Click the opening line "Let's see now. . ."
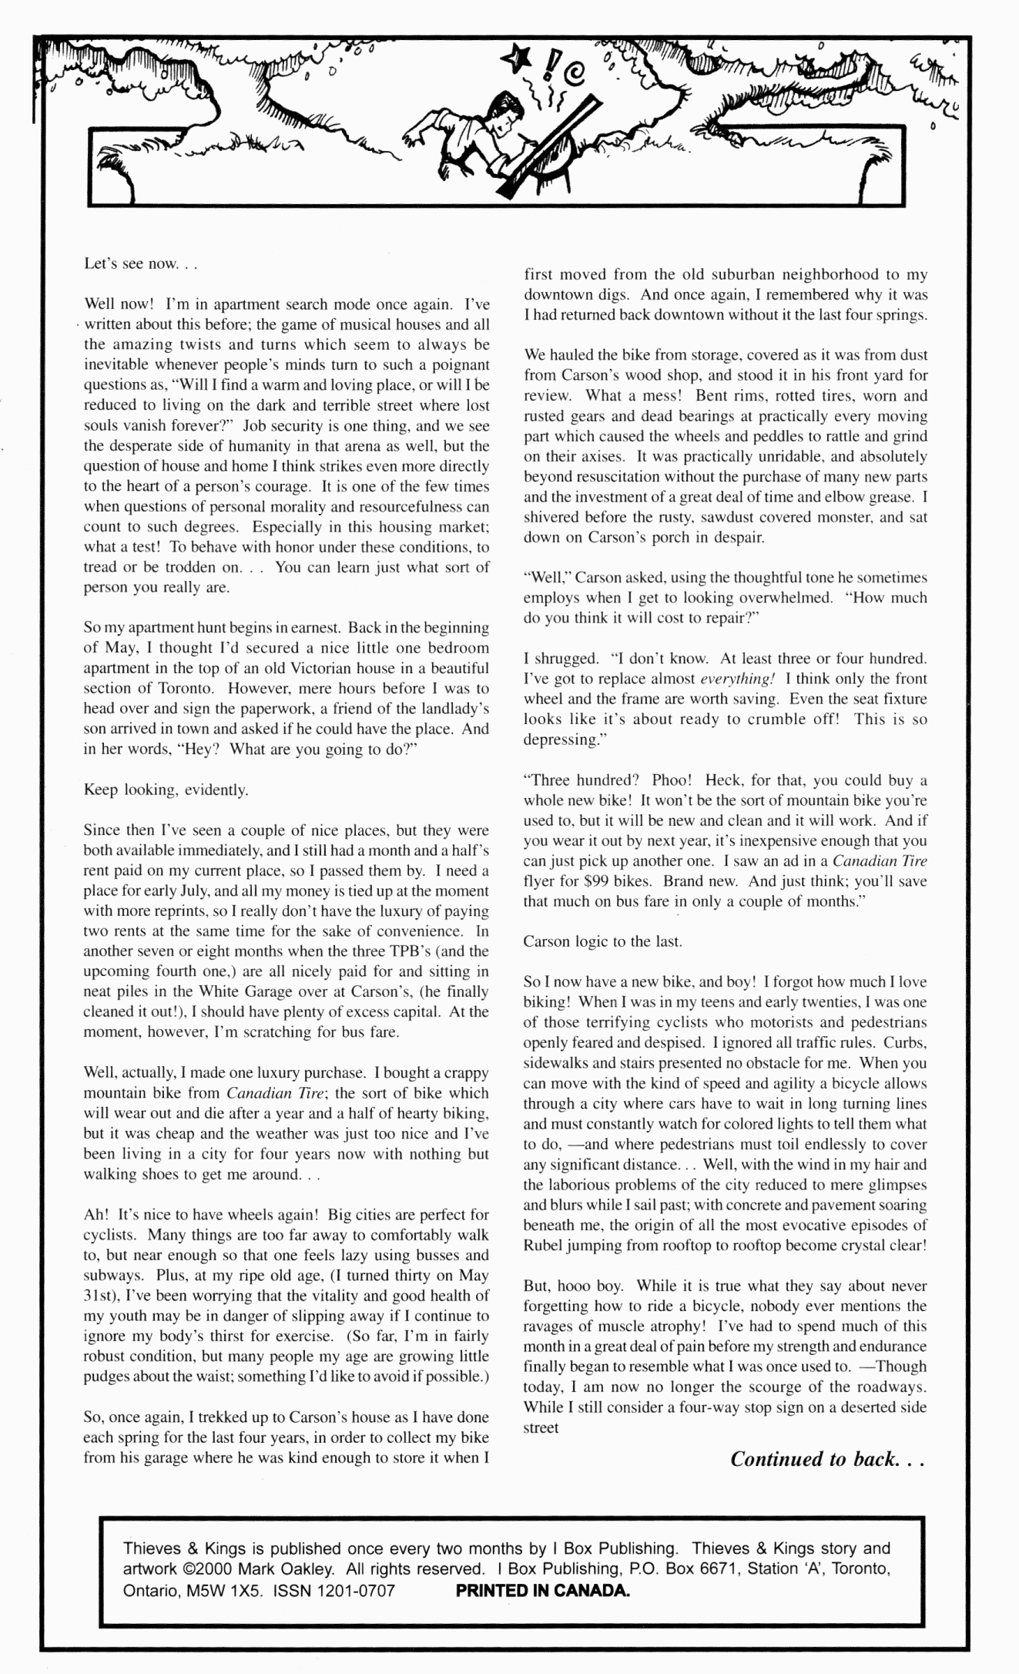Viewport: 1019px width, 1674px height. coord(141,264)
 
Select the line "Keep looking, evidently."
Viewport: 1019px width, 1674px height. coord(166,790)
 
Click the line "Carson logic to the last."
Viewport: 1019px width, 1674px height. coord(602,941)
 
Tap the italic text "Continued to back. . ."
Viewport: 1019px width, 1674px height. coord(826,1458)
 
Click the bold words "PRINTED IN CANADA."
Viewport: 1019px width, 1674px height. coord(543,1590)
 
